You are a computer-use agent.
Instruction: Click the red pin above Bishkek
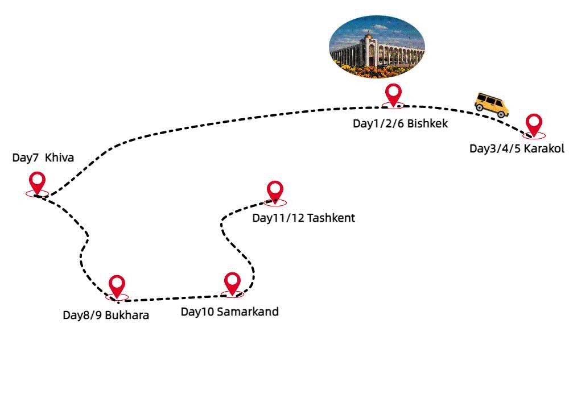pyautogui.click(x=393, y=94)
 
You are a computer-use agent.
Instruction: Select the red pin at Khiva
pyautogui.click(x=38, y=183)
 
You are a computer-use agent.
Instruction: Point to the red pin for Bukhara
pyautogui.click(x=117, y=285)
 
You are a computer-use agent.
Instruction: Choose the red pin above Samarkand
pyautogui.click(x=232, y=283)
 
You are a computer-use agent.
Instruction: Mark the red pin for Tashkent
pyautogui.click(x=275, y=192)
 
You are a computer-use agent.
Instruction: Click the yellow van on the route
pyautogui.click(x=492, y=105)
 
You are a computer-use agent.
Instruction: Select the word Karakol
pyautogui.click(x=544, y=149)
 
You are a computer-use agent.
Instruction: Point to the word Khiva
pyautogui.click(x=59, y=157)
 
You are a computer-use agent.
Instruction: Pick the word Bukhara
pyautogui.click(x=127, y=315)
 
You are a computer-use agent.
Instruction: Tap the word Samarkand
pyautogui.click(x=248, y=312)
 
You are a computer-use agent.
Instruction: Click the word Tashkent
pyautogui.click(x=331, y=218)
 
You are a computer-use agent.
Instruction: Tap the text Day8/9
pyautogui.click(x=82, y=315)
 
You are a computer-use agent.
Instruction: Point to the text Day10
pyautogui.click(x=197, y=312)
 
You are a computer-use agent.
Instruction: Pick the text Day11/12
pyautogui.click(x=278, y=218)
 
